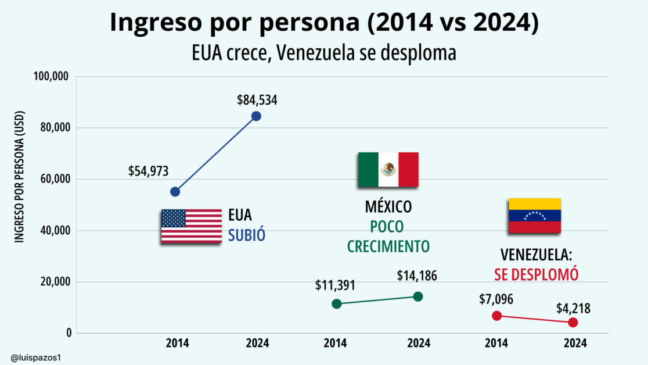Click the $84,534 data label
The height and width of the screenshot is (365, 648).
coord(257,99)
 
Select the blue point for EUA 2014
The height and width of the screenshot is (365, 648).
coord(175,192)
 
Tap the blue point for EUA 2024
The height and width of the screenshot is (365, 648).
coord(256,116)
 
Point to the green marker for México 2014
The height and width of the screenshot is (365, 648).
coord(337,304)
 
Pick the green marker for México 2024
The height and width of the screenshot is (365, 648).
coord(418,296)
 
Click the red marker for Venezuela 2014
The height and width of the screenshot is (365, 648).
coord(496,316)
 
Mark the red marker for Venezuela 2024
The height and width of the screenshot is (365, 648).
coord(573,323)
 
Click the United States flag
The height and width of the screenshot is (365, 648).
coord(191,226)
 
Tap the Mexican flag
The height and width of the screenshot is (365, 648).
coord(388,170)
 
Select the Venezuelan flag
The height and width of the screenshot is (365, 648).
coord(534,216)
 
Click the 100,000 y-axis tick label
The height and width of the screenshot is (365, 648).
coord(51,77)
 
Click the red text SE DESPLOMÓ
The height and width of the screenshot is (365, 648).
coord(536,274)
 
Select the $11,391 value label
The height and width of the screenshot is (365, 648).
coord(335,285)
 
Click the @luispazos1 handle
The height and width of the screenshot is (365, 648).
coord(35,356)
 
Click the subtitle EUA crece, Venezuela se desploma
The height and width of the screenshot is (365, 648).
coord(323,53)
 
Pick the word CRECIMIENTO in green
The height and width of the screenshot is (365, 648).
coord(388,246)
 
